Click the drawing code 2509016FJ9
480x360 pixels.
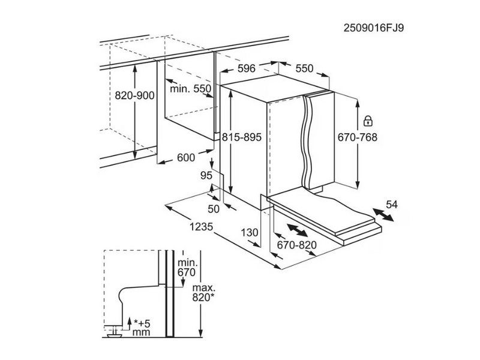click(374, 28)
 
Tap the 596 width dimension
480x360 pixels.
click(247, 68)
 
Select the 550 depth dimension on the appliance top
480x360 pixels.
click(305, 68)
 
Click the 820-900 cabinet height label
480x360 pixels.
click(134, 96)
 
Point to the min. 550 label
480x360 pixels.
click(190, 89)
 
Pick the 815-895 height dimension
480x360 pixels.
click(242, 137)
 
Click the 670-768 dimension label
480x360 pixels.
click(358, 137)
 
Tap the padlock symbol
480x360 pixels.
click(368, 121)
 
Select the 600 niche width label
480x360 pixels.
click(186, 158)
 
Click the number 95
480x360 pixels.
click(206, 175)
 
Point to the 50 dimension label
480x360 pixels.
click(214, 209)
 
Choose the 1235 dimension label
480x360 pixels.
click(201, 227)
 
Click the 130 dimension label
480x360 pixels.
click(250, 233)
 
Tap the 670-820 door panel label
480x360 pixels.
click(296, 245)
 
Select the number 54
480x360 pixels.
click(392, 204)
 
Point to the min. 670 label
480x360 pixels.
click(187, 267)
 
